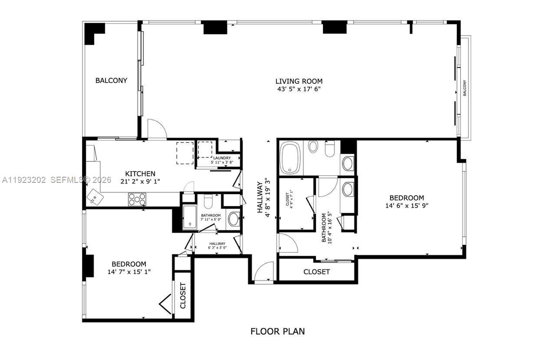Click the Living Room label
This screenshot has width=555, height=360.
point(299,81)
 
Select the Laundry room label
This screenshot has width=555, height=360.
point(222,158)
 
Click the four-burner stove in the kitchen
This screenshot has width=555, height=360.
point(137,199)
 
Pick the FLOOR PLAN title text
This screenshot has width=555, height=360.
point(277,331)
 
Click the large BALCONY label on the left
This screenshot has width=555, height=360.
point(111,80)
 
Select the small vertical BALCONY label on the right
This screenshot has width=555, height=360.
point(464,88)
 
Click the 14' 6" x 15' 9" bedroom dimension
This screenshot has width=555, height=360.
point(407,206)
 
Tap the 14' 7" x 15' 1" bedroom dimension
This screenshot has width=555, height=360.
point(129,272)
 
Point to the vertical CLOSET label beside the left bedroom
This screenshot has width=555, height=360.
point(183,296)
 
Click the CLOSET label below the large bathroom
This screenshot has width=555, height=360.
point(316,272)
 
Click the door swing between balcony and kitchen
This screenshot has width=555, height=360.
point(157,129)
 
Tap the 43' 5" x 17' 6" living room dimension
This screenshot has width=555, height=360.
point(299,89)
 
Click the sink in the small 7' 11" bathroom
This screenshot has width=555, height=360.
point(233,219)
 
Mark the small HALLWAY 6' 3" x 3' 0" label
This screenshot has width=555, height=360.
point(217,246)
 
